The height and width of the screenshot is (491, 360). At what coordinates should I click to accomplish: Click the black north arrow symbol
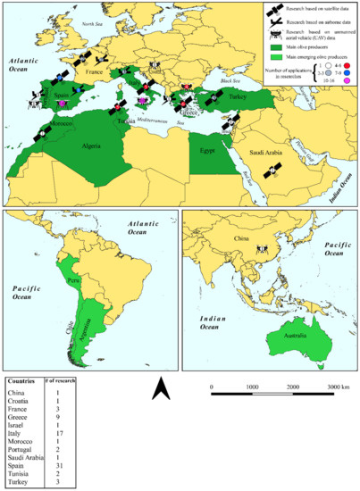158,389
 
